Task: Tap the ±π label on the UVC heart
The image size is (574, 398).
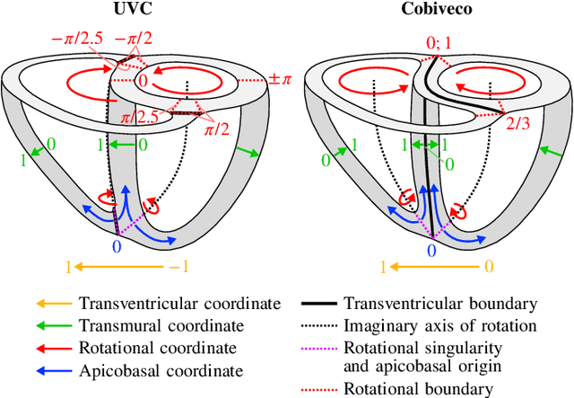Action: coord(279,79)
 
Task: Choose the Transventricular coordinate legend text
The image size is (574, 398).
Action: coord(179,305)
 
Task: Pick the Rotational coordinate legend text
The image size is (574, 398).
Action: coord(158,348)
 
